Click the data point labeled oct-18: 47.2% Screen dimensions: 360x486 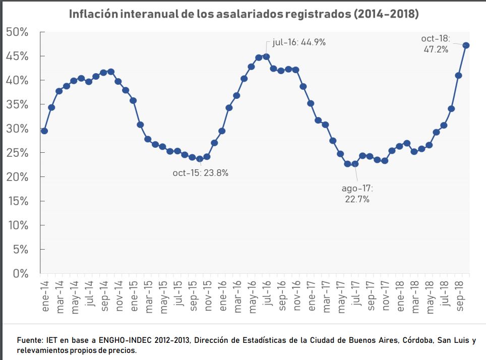click(466, 45)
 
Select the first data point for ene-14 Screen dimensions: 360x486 click(44, 131)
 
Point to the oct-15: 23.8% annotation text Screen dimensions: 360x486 click(201, 173)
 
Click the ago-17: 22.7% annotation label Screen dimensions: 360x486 click(357, 194)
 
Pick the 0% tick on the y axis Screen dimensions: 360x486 click(20, 274)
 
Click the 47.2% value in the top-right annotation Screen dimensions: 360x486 click(436, 49)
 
